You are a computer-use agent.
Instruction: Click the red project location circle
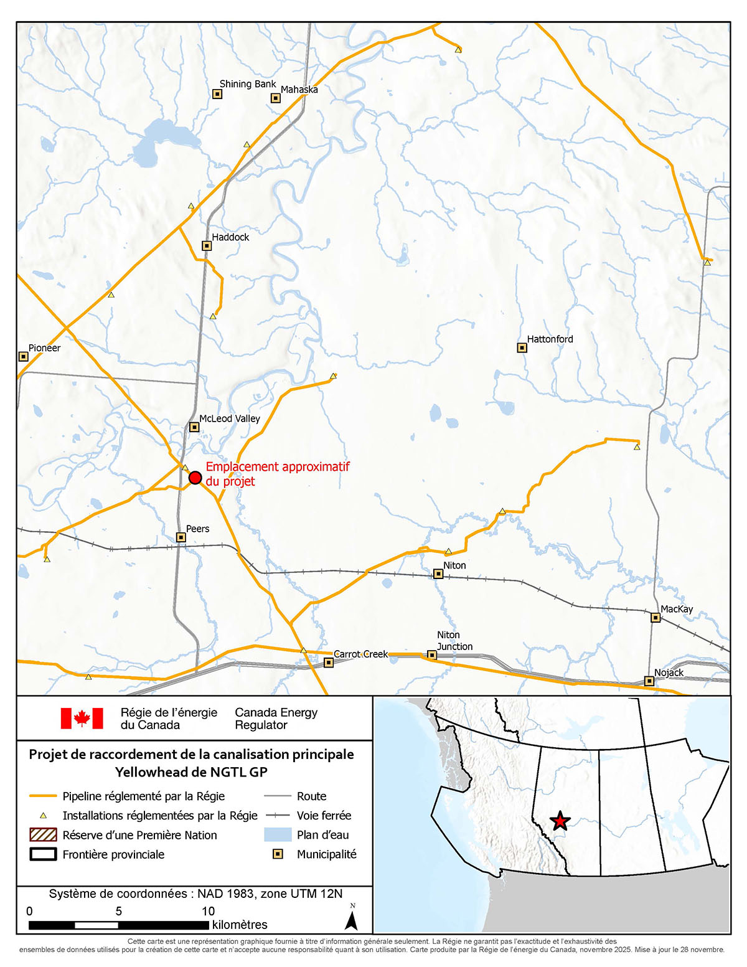click(x=195, y=478)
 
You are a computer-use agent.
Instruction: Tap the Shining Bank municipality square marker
click(x=217, y=94)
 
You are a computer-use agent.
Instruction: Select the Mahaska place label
click(x=299, y=90)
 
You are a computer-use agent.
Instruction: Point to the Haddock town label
click(x=230, y=237)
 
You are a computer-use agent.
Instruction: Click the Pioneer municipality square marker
click(x=24, y=357)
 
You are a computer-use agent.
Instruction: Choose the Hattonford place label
click(x=550, y=339)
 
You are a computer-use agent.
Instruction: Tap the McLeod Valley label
click(x=229, y=418)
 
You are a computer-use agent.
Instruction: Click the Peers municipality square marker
click(x=181, y=537)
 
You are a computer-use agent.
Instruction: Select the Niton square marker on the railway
click(x=438, y=574)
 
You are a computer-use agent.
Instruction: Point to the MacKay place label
click(x=677, y=609)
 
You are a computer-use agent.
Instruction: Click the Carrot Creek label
click(x=360, y=654)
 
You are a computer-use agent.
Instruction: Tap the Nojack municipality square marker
click(x=649, y=681)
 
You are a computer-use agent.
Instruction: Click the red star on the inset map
click(x=560, y=821)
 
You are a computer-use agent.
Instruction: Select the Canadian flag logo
click(x=82, y=718)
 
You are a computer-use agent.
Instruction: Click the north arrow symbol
click(x=352, y=918)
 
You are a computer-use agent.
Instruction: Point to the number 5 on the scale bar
click(x=119, y=911)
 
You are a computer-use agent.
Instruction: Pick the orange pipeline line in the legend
click(x=43, y=796)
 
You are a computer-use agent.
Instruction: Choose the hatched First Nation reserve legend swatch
click(x=43, y=835)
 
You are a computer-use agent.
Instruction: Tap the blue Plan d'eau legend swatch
click(x=278, y=835)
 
